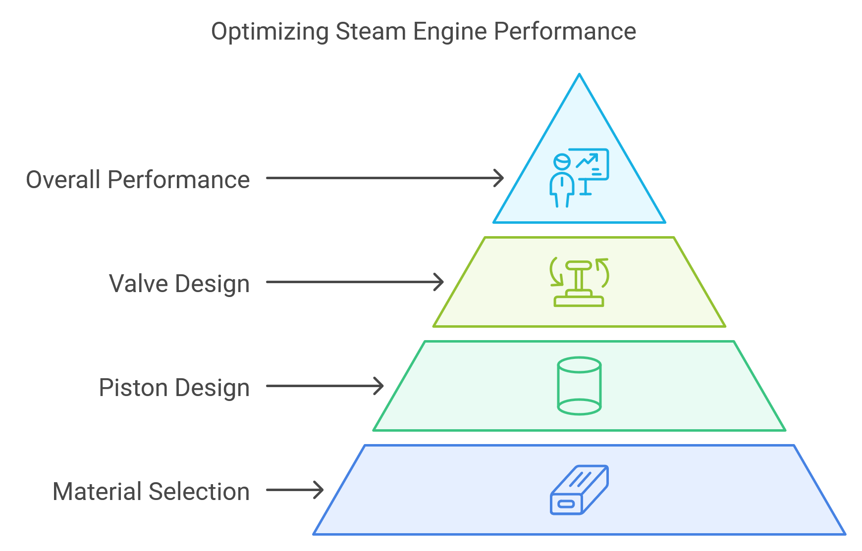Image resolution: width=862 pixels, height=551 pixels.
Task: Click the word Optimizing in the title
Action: click(x=269, y=32)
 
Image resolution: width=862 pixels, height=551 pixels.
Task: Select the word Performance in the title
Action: click(x=565, y=32)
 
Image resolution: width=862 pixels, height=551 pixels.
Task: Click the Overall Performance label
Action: click(x=138, y=180)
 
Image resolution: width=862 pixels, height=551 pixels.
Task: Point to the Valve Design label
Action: click(x=179, y=284)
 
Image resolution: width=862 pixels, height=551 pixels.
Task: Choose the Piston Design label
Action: click(x=174, y=388)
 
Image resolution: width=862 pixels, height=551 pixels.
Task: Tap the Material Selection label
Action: click(x=151, y=492)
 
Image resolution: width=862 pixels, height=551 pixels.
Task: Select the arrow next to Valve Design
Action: click(x=354, y=282)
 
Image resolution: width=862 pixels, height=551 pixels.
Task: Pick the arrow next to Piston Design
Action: click(x=324, y=386)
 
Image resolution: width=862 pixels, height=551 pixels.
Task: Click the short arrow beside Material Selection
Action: click(x=295, y=490)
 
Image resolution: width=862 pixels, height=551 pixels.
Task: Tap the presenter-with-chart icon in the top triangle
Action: click(x=579, y=177)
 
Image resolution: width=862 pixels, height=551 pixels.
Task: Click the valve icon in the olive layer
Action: click(x=579, y=282)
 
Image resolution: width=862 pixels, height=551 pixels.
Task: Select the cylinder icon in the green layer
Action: click(x=579, y=386)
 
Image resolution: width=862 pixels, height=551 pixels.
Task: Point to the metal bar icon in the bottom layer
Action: click(x=579, y=490)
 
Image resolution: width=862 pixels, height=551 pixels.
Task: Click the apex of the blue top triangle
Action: click(x=579, y=76)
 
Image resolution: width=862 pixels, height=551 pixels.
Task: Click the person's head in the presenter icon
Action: click(x=562, y=161)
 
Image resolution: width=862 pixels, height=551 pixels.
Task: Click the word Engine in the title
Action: click(x=450, y=32)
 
